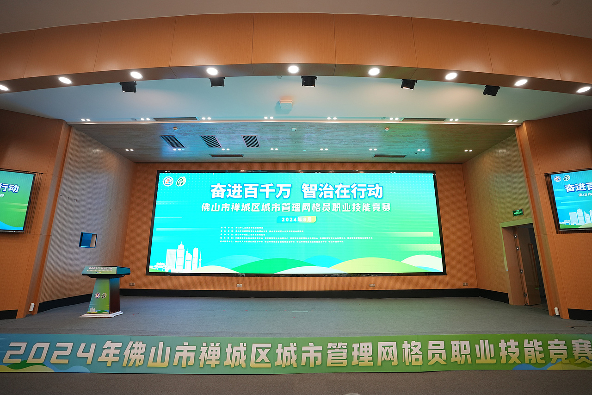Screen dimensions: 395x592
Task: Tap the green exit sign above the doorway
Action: pyautogui.click(x=518, y=212)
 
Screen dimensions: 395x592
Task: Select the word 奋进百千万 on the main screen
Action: pyautogui.click(x=251, y=190)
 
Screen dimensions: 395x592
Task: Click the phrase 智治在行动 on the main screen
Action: pyautogui.click(x=342, y=190)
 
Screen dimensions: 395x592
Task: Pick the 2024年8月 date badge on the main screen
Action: pyautogui.click(x=296, y=219)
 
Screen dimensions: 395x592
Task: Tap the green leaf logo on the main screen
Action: pyautogui.click(x=181, y=181)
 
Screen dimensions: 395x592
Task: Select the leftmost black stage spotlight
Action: pyautogui.click(x=128, y=87)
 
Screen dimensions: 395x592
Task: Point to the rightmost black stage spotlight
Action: pyautogui.click(x=491, y=90)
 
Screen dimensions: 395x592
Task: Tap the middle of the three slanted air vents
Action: pyautogui.click(x=211, y=141)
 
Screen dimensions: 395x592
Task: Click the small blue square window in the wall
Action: pyautogui.click(x=87, y=240)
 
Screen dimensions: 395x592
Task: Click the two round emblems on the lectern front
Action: pyautogui.click(x=101, y=295)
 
